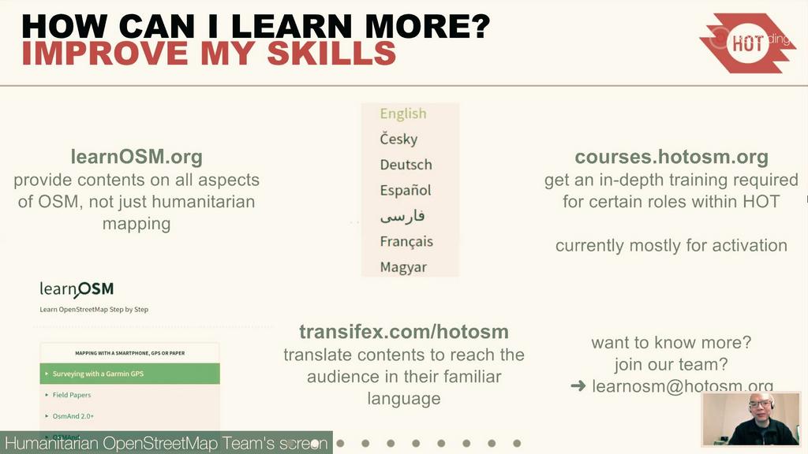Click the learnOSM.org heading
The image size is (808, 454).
(x=137, y=156)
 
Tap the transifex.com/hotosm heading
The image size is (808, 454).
(x=403, y=331)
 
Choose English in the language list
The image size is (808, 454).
(x=403, y=113)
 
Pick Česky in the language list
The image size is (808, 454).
(x=398, y=139)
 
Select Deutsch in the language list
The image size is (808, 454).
(x=406, y=165)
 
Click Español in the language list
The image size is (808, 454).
(x=406, y=190)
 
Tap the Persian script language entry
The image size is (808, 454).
(x=402, y=215)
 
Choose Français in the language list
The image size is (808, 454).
(x=406, y=241)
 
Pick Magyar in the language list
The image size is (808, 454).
(x=403, y=266)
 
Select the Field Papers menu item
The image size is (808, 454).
(x=72, y=395)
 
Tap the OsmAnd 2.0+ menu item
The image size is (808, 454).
(x=73, y=415)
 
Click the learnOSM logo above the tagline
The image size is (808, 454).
(x=77, y=290)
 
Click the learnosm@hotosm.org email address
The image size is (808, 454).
(x=683, y=386)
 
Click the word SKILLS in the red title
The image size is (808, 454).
(x=331, y=53)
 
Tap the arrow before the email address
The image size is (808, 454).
(x=578, y=386)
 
